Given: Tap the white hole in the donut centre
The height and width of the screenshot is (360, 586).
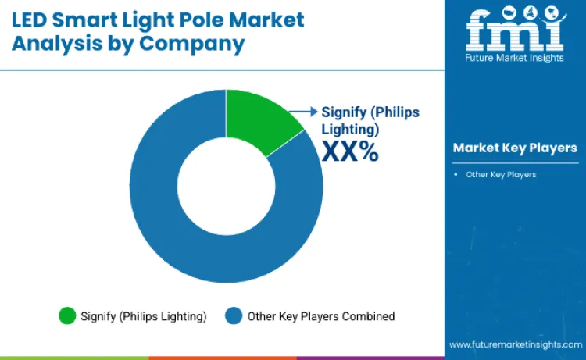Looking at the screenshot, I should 227,185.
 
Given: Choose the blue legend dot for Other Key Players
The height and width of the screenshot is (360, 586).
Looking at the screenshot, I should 234,316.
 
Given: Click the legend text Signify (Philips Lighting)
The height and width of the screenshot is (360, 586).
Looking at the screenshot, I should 144,316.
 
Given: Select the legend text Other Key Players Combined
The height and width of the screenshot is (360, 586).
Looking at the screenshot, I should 321,316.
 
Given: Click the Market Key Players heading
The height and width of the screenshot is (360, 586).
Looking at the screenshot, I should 515,148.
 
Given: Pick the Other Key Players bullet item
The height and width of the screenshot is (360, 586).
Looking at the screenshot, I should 501,174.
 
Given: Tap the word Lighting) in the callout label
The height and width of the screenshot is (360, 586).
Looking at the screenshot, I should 350,128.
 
